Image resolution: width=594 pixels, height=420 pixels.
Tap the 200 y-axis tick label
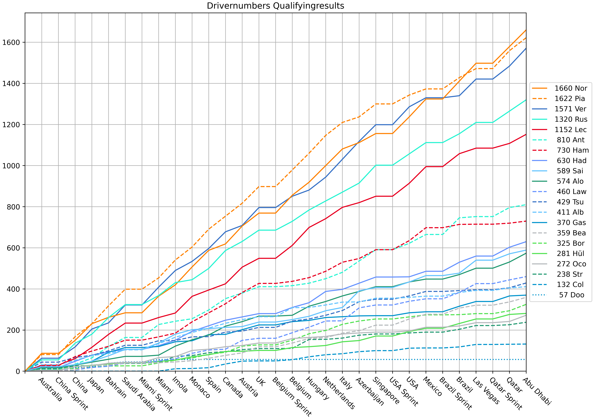click(x=13, y=330)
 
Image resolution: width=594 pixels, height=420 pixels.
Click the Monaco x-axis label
click(x=199, y=387)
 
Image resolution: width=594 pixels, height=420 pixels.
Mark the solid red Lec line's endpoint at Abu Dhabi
click(x=526, y=134)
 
